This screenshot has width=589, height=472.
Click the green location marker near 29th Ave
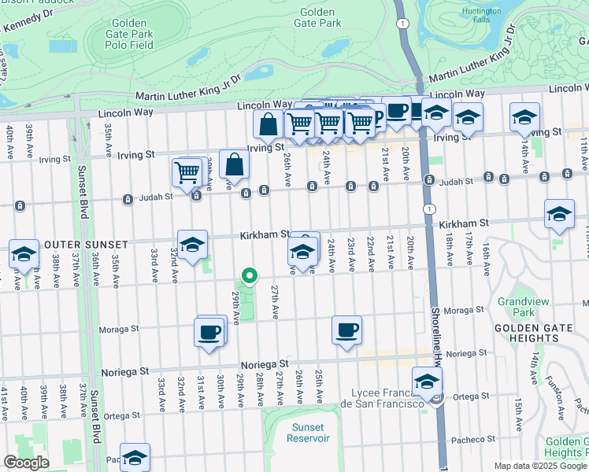(250, 275)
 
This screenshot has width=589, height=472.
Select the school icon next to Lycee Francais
(427, 382)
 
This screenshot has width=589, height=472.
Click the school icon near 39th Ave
(24, 254)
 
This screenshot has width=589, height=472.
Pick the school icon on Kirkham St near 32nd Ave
(192, 245)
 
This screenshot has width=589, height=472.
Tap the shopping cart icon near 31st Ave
(187, 171)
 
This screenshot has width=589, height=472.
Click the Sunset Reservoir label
(308, 433)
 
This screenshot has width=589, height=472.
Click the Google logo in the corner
(26, 463)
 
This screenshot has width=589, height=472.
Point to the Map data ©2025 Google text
(540, 466)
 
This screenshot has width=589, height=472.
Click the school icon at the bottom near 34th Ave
(135, 457)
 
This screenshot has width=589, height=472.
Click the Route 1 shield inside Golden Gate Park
(403, 25)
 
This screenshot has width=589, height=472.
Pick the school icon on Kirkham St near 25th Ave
(302, 252)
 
